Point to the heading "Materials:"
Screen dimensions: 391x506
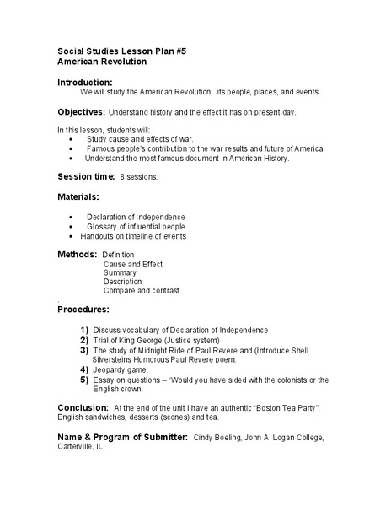[78, 197]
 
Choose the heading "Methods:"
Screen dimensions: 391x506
[77, 254]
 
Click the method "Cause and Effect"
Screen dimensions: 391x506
[133, 264]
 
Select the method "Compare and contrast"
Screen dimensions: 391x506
[141, 291]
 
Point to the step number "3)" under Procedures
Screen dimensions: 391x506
[85, 349]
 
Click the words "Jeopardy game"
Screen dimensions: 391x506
[121, 369]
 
